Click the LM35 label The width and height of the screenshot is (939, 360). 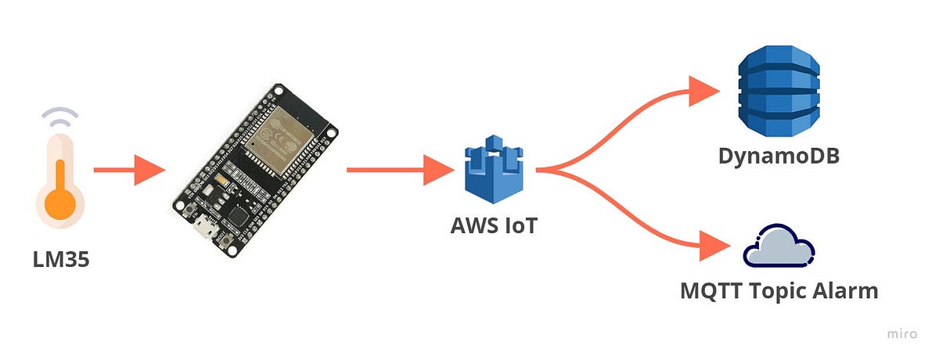pos(61,259)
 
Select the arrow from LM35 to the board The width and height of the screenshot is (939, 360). pos(129,170)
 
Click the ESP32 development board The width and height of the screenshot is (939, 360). pos(255,171)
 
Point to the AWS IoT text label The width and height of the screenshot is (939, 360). pos(494,225)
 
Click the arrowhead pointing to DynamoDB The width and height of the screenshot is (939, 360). pos(703,88)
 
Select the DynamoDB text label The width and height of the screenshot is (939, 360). pos(779,156)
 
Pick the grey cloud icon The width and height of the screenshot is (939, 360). pos(779,246)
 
